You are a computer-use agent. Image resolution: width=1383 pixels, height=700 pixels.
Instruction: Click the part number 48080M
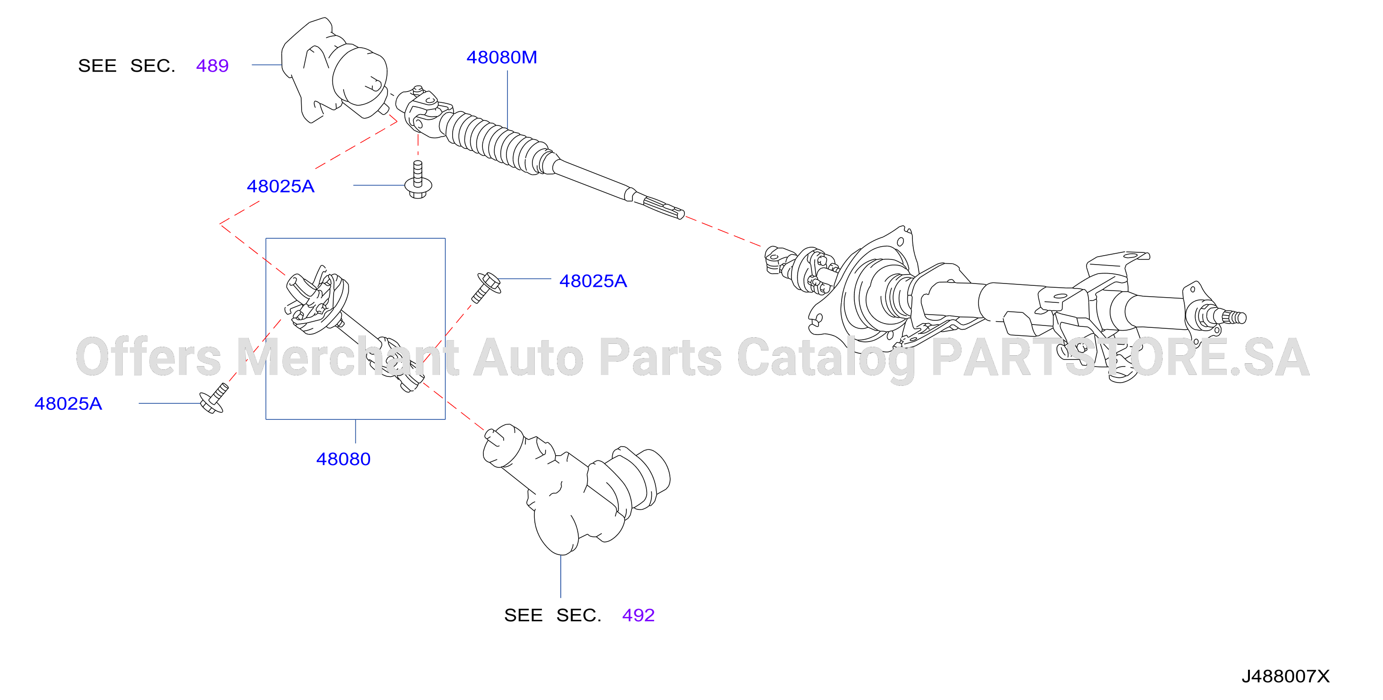coord(501,58)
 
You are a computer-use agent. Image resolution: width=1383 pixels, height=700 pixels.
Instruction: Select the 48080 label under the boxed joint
coord(343,459)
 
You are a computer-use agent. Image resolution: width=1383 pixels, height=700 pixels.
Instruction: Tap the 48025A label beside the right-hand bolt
coord(593,281)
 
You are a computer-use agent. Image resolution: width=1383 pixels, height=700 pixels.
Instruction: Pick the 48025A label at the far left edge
coord(68,403)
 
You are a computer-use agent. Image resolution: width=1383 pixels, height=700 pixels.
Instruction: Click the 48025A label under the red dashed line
coord(280,186)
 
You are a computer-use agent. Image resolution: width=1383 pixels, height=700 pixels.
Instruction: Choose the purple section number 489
coord(212,66)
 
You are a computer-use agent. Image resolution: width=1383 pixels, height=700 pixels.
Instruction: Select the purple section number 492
coord(638,615)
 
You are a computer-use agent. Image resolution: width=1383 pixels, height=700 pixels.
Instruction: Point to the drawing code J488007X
coord(1285,676)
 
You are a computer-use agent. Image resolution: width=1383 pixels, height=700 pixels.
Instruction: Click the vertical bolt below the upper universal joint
coord(418,180)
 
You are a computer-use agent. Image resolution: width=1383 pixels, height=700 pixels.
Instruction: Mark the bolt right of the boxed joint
coord(487,287)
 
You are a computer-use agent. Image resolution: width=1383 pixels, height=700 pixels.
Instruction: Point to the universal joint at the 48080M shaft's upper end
coord(422,110)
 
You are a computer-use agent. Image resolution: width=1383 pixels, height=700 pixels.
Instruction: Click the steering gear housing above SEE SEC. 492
coord(575,488)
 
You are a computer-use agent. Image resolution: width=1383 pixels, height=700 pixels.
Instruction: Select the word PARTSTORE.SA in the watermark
coord(1121,357)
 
